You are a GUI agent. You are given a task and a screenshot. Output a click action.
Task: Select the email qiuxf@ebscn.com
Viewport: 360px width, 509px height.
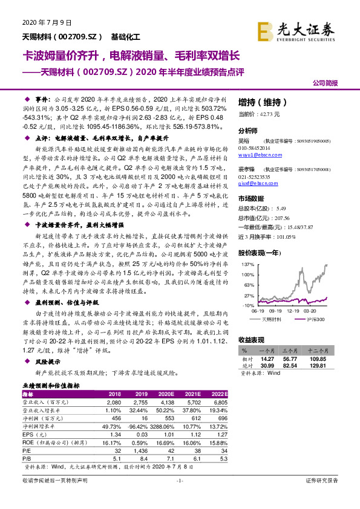tap(257, 181)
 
